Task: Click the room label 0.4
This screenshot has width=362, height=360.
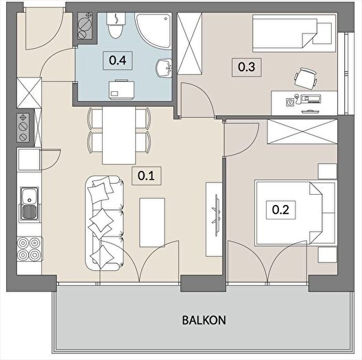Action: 117,60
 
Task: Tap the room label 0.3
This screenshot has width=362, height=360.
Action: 246,67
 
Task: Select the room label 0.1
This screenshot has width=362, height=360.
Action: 146,176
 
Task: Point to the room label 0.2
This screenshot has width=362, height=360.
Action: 280,210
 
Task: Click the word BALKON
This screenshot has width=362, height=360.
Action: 204,320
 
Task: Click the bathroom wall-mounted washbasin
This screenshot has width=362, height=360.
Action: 164,68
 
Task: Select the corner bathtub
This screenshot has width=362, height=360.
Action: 154,31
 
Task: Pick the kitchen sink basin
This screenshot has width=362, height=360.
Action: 29,204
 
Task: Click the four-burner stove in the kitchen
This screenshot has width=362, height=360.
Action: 29,249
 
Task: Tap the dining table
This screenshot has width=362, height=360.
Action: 119,135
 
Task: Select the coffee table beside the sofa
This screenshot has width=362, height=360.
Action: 152,222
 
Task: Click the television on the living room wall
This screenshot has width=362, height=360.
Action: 217,215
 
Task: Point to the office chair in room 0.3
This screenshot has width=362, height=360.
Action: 305,78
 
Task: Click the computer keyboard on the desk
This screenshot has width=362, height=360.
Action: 311,112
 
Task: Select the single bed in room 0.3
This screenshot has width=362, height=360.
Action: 294,34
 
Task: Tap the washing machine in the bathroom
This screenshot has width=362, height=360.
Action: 121,90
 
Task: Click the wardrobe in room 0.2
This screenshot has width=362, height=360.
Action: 302,132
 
